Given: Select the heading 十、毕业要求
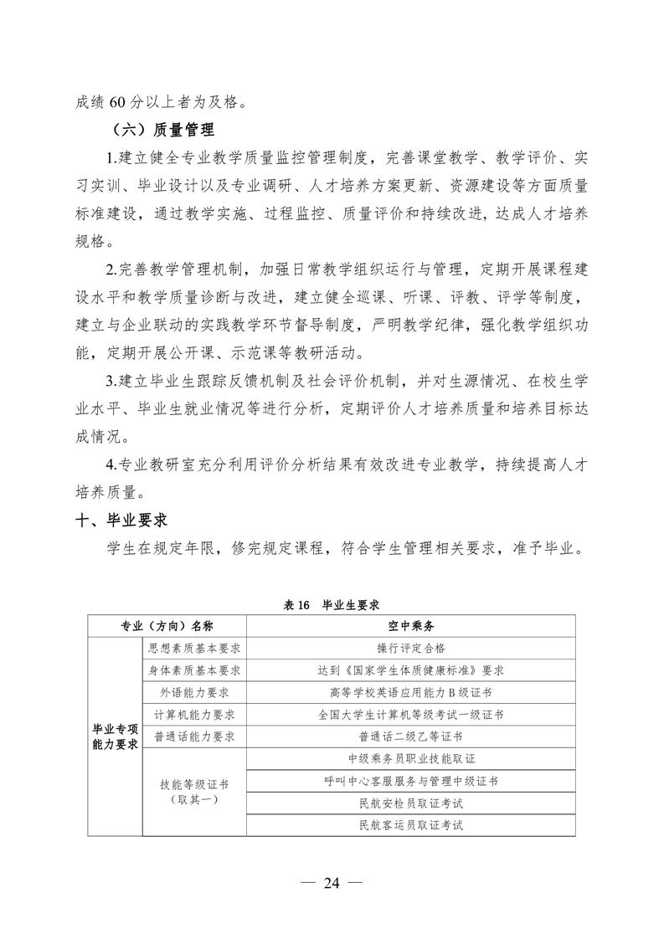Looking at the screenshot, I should coord(122,521).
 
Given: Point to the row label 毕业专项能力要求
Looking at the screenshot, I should coord(115,736).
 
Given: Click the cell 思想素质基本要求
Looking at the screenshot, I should coord(194,648).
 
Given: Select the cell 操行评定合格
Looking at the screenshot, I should coord(410,648).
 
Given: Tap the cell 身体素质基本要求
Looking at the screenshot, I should coord(194,670).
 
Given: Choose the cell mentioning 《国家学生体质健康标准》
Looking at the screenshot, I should coord(410,670).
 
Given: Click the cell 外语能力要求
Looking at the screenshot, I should coord(194,692).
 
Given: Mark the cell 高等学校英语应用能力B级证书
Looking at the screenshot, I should coord(410,692).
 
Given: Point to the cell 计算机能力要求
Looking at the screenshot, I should coord(194,715).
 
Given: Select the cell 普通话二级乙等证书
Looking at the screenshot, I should coord(410,736).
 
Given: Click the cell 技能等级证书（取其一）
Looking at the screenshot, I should coord(194,792).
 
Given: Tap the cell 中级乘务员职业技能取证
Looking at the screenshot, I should coord(410,759).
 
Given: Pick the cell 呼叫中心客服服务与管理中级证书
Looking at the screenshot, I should coord(410,781).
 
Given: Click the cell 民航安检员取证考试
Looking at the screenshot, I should coord(410,803).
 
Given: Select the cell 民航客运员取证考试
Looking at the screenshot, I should coord(410,825).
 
